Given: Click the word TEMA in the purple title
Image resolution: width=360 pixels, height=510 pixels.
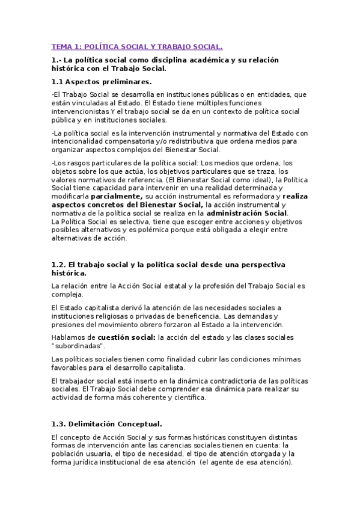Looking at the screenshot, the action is coord(61,46).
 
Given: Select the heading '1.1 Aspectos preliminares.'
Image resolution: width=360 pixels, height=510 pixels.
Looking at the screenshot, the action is coord(101,81).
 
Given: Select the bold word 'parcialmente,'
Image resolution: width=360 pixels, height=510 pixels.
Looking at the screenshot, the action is coord(117,196).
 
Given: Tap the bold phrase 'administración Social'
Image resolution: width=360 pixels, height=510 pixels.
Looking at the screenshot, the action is coord(247,213).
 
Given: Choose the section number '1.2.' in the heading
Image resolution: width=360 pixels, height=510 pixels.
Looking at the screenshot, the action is coord(58,265).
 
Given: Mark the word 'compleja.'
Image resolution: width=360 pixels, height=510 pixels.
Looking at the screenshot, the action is coord(68,294).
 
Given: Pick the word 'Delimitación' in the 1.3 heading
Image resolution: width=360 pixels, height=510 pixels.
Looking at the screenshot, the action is coord(97,423).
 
